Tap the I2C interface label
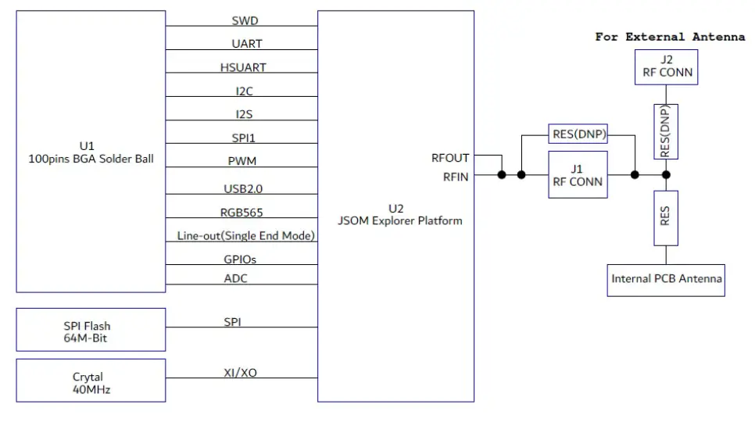[x=245, y=91]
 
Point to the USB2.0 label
[x=243, y=189]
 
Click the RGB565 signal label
[x=242, y=213]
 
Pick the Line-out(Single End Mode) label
[x=245, y=235]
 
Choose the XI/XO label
[x=239, y=373]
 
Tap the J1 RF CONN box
[x=578, y=174]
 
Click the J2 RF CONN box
[x=665, y=68]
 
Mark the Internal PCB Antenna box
[x=667, y=279]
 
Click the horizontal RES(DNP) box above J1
[x=579, y=134]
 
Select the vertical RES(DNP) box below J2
[x=665, y=131]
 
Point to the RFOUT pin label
[x=450, y=158]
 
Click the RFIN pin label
[x=455, y=177]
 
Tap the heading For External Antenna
[x=670, y=37]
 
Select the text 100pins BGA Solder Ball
[x=91, y=159]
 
